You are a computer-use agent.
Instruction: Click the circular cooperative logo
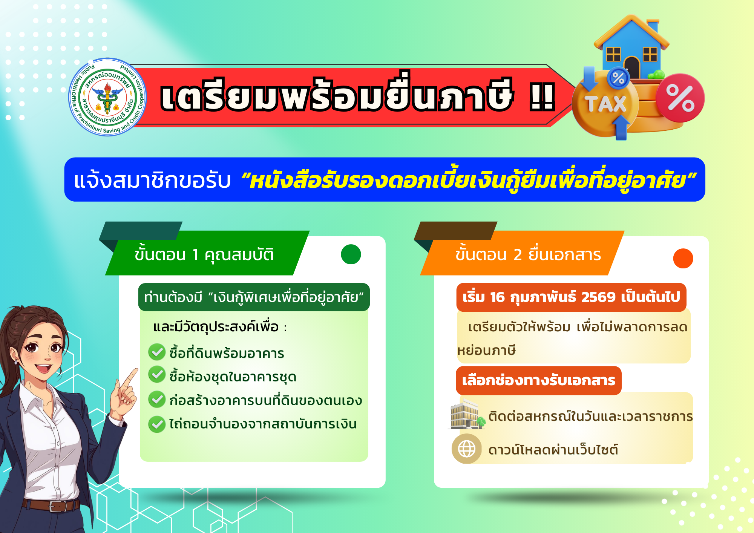[x=107, y=97]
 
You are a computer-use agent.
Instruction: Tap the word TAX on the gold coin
[x=605, y=104]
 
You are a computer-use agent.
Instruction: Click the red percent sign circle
[x=680, y=98]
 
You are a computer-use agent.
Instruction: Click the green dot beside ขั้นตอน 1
[x=351, y=254]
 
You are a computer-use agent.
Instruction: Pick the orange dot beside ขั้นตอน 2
[x=683, y=259]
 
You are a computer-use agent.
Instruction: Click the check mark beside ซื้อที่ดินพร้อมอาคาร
[x=157, y=352]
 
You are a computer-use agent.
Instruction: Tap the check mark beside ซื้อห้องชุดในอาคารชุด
[x=157, y=375]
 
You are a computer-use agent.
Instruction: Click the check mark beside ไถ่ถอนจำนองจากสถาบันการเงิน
[x=157, y=424]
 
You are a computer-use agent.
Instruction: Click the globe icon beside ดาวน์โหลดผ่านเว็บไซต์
[x=467, y=449]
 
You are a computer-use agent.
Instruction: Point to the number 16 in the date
[x=497, y=297]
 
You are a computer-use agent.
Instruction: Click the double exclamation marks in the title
[x=542, y=97]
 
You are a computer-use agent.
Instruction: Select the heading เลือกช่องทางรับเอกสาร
[x=539, y=380]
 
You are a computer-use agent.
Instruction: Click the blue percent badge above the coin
[x=618, y=78]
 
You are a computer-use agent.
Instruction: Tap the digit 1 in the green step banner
[x=195, y=255]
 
